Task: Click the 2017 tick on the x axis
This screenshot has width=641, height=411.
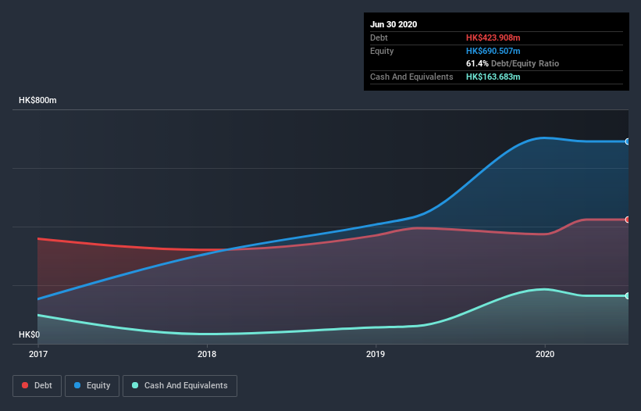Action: click(37, 354)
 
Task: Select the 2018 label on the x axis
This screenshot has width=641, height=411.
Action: click(207, 354)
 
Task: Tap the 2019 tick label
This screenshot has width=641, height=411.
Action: click(376, 354)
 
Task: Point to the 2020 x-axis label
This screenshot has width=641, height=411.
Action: click(544, 354)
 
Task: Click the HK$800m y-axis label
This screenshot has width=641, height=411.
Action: click(38, 101)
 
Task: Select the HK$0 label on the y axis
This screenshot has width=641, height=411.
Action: click(29, 334)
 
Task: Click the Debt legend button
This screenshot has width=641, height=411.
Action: click(37, 385)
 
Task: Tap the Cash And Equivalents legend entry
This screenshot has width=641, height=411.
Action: click(180, 385)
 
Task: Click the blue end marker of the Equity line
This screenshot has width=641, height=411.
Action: click(628, 141)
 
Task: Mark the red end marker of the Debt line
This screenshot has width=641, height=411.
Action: click(628, 220)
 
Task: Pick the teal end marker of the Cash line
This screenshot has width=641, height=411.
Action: click(628, 295)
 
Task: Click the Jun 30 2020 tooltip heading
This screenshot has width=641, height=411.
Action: click(394, 24)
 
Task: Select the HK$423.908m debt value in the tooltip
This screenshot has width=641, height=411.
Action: click(493, 38)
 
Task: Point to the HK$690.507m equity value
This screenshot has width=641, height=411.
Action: click(493, 51)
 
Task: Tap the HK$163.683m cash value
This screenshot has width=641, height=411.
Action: click(493, 77)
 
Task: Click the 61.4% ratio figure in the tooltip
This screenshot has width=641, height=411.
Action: click(477, 63)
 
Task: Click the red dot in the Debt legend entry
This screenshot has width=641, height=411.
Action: click(26, 385)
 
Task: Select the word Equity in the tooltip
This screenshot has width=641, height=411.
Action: click(382, 51)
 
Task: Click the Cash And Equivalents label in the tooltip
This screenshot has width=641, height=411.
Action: click(411, 77)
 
